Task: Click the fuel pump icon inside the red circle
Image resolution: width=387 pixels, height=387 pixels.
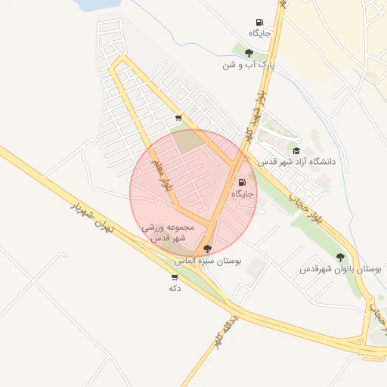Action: coord(243,182)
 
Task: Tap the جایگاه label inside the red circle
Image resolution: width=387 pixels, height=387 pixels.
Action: coord(243,194)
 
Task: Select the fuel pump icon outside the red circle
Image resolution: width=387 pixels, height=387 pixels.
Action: coord(260,22)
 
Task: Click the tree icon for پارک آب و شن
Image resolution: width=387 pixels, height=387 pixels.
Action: coord(249,53)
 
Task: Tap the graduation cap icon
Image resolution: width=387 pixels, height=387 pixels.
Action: coord(296,150)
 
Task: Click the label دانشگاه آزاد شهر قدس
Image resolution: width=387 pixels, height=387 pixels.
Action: coord(297,162)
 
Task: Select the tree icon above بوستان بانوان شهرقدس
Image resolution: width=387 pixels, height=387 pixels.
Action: coord(340,257)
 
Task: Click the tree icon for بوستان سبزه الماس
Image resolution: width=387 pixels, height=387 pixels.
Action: coord(207,249)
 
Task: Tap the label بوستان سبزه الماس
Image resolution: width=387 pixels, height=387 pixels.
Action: coord(208,261)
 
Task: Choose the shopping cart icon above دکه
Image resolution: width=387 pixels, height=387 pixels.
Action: coord(175,277)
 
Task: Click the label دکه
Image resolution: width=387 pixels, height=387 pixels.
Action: coord(175,289)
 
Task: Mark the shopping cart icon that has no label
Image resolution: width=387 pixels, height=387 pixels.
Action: coord(178,117)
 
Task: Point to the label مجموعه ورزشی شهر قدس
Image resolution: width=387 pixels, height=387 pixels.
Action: coord(169,232)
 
